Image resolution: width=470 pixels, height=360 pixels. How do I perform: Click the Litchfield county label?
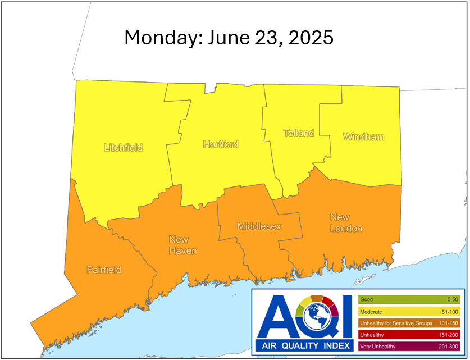click(124, 148)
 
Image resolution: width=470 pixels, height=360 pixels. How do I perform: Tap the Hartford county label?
click(221, 144)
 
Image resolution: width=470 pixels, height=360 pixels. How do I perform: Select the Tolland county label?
click(299, 133)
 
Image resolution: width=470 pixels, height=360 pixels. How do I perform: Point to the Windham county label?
click(363, 136)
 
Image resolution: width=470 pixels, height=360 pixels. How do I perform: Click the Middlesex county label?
click(259, 226)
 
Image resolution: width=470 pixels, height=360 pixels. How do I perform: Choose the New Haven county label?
click(183, 245)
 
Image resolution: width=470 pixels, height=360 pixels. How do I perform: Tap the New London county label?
click(346, 223)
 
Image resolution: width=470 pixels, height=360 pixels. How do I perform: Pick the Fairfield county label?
click(104, 270)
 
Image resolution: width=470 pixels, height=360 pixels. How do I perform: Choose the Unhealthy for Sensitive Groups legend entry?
click(396, 323)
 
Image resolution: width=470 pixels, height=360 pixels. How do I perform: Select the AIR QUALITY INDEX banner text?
click(304, 344)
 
